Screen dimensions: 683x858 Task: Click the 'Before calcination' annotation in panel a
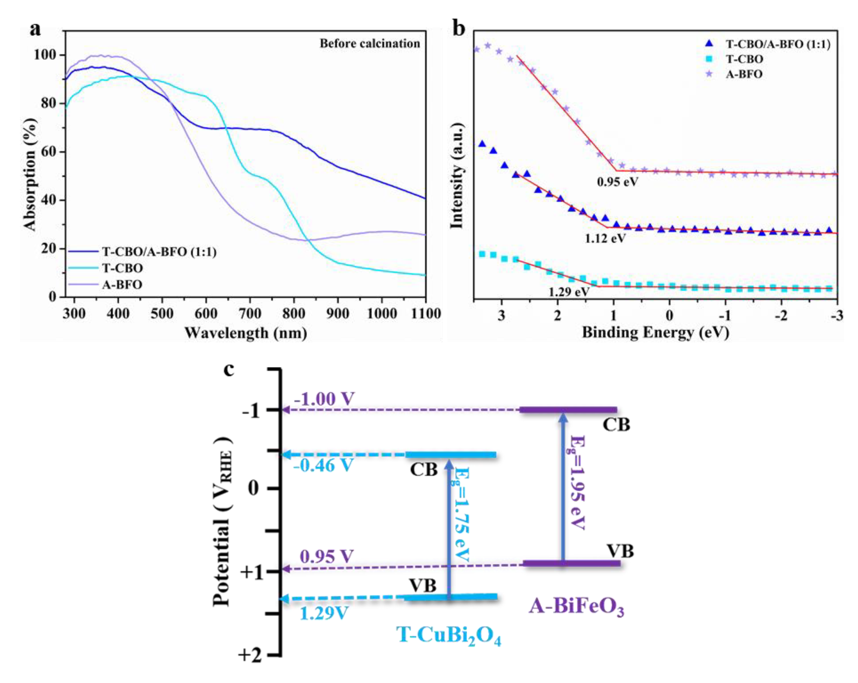(370, 43)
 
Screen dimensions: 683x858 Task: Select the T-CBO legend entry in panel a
(123, 268)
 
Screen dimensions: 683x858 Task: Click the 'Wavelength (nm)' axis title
(246, 333)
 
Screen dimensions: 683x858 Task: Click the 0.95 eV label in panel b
(617, 182)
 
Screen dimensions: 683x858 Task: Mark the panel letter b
(459, 29)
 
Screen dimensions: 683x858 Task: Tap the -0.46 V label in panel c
(323, 465)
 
